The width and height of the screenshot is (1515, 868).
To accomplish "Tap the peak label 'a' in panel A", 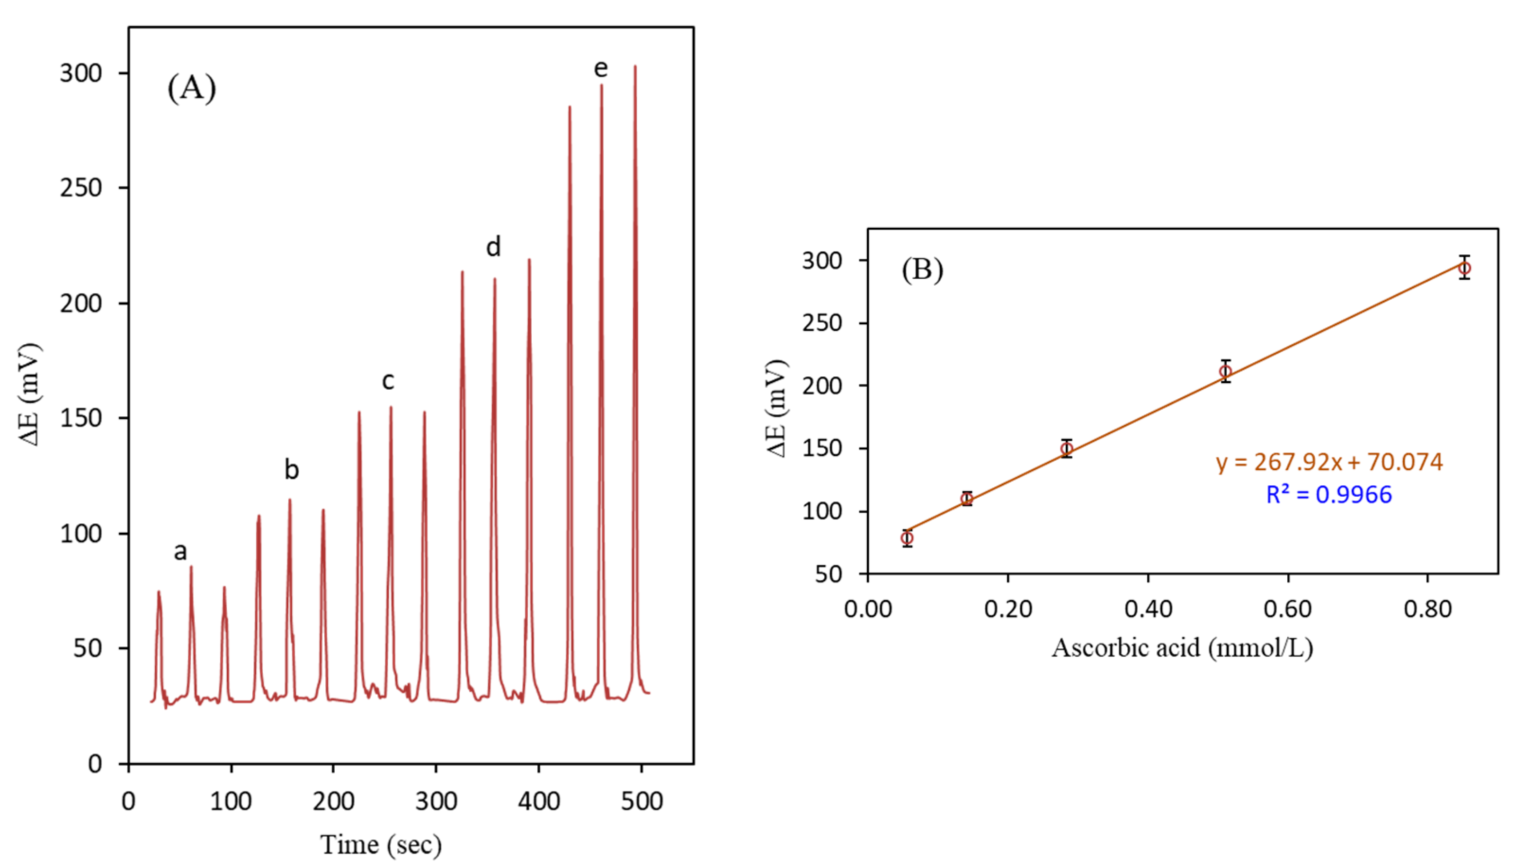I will tap(180, 552).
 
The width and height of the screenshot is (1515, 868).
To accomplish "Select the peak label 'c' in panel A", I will tap(388, 380).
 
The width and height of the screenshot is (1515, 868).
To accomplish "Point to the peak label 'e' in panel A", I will tap(601, 69).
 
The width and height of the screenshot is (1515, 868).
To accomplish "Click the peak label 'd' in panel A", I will tap(493, 246).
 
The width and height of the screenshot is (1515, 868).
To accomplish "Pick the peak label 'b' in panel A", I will tap(291, 470).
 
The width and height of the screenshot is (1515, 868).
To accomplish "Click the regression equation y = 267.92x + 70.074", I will tap(1329, 462).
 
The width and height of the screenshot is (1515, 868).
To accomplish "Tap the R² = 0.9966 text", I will tap(1329, 495).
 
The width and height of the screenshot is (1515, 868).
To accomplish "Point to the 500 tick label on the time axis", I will tap(642, 802).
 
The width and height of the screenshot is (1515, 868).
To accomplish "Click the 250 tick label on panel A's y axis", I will tap(81, 188).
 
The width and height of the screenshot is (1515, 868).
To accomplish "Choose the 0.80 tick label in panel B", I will tap(1428, 609).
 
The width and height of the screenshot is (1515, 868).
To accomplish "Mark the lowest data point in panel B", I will tap(907, 538).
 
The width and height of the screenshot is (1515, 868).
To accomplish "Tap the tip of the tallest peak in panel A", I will tap(635, 66).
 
